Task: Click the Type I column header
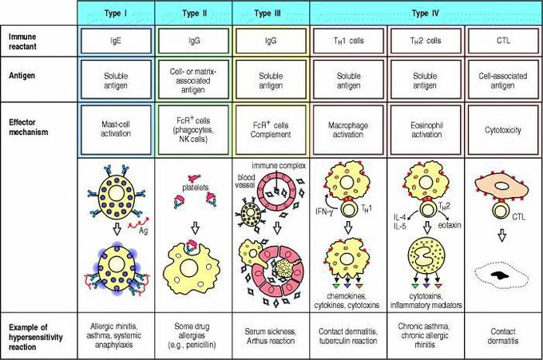coord(116,13)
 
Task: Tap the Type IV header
coord(426,13)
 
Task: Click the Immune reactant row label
coord(22,42)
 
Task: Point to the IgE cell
coord(116,41)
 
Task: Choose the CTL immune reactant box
coord(503,41)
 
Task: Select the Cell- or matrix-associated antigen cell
coord(193,80)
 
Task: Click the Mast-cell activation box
coord(116,129)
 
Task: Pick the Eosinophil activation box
coord(426,129)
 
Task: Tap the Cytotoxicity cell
coord(503,129)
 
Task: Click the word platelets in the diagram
coord(196,188)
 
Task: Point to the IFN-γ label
coord(323,212)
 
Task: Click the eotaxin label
coord(450,225)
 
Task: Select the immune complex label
coord(279,165)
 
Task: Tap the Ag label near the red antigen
coord(144,230)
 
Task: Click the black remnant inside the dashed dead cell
coord(500,275)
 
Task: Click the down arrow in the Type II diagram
coord(196,227)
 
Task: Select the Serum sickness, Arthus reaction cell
coord(271,336)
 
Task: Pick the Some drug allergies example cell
coord(193,336)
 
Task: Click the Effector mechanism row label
coord(29,127)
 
